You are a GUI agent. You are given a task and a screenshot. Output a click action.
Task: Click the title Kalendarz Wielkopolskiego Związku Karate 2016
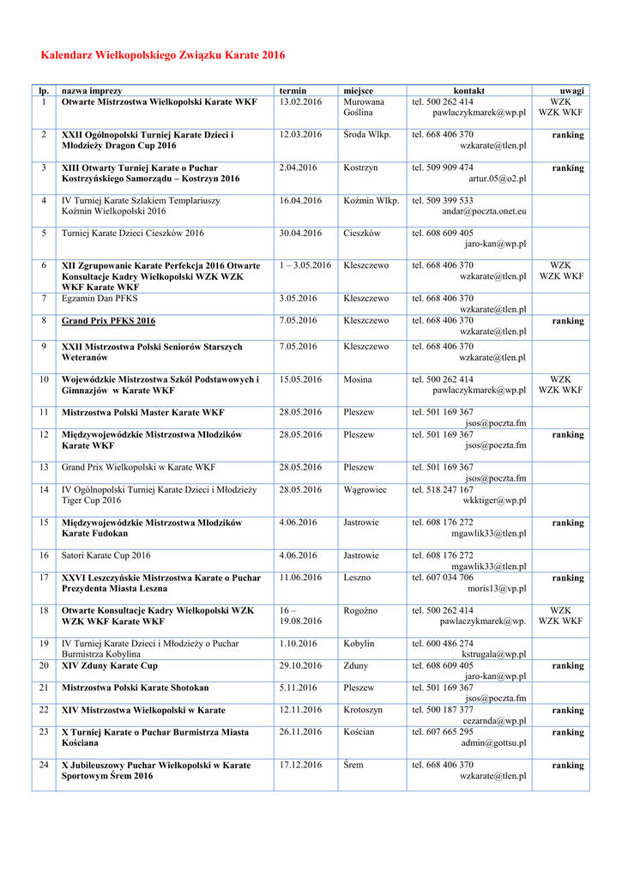[x=163, y=56]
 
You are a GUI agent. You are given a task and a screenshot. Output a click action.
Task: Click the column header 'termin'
[x=293, y=91]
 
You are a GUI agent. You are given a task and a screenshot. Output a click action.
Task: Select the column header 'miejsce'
[x=358, y=91]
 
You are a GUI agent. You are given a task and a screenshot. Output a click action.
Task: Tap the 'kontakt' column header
[x=469, y=91]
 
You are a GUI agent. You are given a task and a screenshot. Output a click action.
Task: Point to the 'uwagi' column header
[x=571, y=91]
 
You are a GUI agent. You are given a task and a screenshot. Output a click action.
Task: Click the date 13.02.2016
[x=300, y=102]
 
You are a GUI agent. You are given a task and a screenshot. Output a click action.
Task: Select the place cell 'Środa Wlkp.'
[x=366, y=135]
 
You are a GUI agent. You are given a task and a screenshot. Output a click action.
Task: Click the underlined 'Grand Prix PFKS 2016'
[x=108, y=321]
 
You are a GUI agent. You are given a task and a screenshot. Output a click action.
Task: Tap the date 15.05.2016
[x=300, y=379]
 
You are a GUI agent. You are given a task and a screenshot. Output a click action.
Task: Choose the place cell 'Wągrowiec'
[x=365, y=490]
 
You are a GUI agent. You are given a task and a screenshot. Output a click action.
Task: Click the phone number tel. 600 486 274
[x=443, y=644]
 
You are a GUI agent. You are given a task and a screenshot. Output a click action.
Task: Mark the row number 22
[x=44, y=711]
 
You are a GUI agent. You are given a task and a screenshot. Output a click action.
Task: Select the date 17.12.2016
[x=300, y=765]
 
